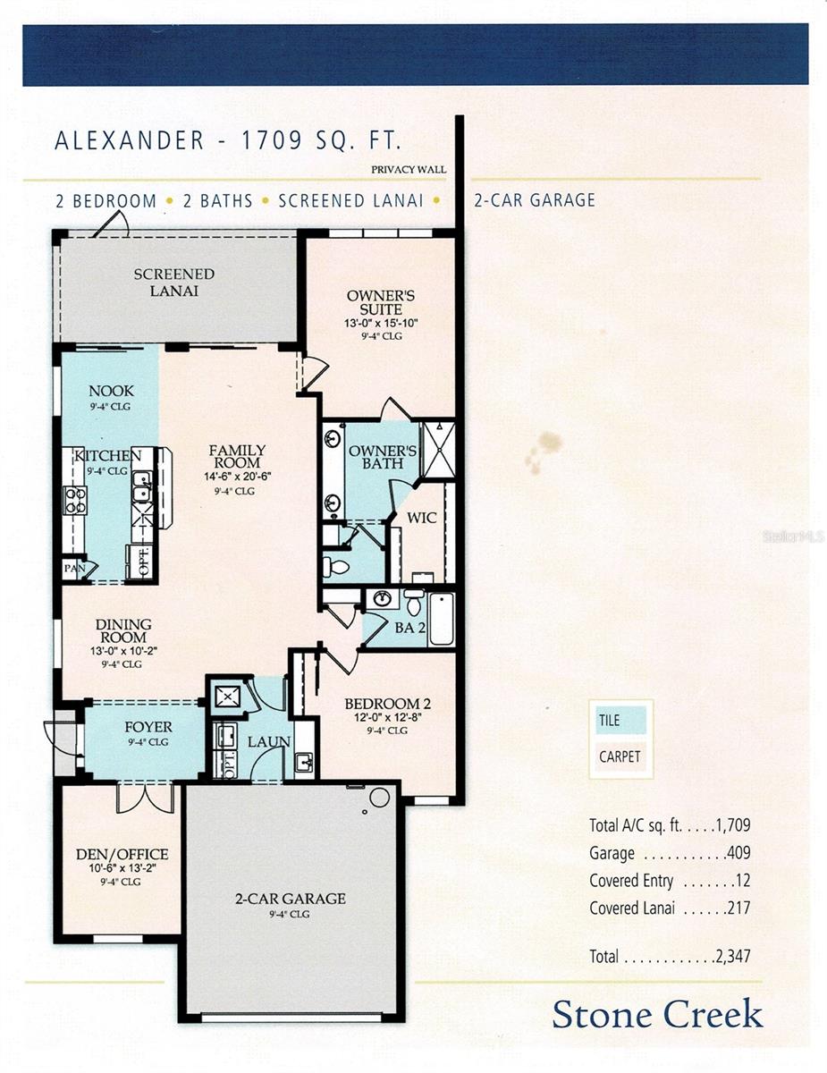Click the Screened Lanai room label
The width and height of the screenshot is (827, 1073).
click(x=173, y=283)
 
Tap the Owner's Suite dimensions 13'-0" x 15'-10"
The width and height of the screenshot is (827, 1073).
click(x=381, y=324)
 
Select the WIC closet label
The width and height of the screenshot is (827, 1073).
click(x=422, y=518)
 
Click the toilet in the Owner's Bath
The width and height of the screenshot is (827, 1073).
click(x=336, y=565)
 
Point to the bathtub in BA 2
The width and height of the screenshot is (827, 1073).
click(x=441, y=619)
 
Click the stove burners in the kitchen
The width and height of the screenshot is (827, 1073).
click(x=74, y=500)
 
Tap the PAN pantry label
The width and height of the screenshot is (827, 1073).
click(x=74, y=569)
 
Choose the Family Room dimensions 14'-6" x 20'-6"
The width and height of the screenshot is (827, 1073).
click(x=238, y=477)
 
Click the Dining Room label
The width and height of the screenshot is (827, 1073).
click(x=123, y=630)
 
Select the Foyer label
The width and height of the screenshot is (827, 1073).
click(x=148, y=727)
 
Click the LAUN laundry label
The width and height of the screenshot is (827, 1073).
click(x=268, y=741)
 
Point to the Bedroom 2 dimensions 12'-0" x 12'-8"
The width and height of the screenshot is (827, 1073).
click(x=388, y=717)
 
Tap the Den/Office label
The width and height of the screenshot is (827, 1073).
click(x=122, y=854)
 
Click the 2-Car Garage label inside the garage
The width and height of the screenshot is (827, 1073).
click(x=291, y=899)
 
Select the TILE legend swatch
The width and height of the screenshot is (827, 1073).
click(x=620, y=720)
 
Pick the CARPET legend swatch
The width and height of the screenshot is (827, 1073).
click(x=620, y=756)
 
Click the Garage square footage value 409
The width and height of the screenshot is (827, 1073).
click(x=738, y=853)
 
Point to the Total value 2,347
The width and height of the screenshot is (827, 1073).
click(x=733, y=956)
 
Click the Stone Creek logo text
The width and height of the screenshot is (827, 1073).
click(x=657, y=1014)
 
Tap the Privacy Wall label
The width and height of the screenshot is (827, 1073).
click(x=409, y=169)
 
